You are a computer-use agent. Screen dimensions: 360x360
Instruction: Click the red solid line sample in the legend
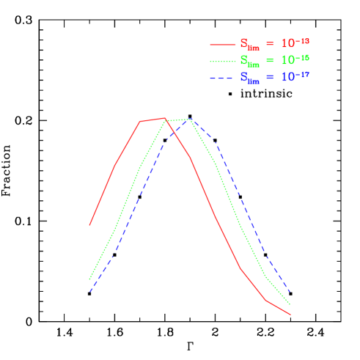tap(223, 43)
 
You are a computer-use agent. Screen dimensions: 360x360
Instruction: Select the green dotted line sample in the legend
tap(223, 60)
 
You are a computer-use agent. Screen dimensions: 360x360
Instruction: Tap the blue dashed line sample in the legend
tap(223, 77)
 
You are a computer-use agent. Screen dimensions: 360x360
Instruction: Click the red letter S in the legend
tap(243, 43)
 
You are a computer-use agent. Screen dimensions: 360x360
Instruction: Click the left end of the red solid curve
tap(89, 225)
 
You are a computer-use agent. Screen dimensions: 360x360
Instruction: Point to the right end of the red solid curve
tap(290, 315)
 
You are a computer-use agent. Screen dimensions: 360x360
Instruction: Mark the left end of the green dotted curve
tap(89, 279)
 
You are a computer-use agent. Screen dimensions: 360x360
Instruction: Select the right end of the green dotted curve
tap(290, 304)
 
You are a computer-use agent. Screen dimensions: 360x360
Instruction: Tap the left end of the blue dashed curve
tap(89, 291)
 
